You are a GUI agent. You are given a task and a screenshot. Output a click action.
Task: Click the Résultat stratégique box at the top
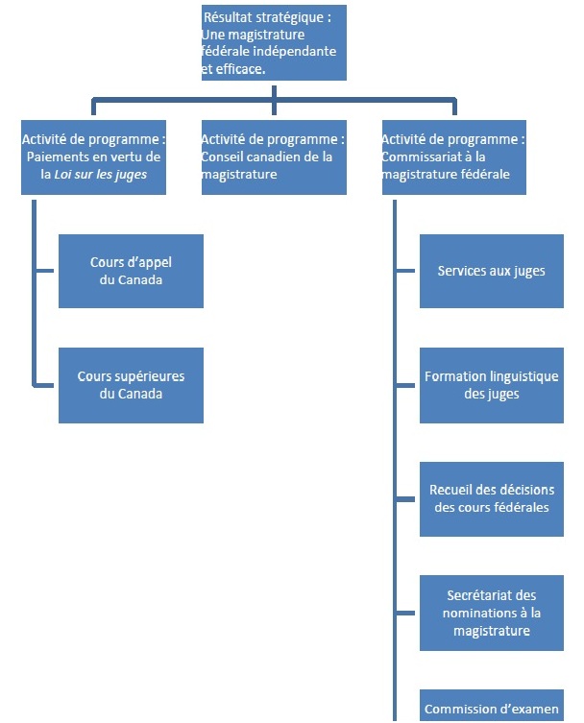pos(274,42)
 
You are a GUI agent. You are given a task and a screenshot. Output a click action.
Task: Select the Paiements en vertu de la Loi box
pos(92,157)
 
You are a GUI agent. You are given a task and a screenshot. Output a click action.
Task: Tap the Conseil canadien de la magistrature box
pos(274,157)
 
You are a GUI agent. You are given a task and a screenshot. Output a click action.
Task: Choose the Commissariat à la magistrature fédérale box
pos(454,157)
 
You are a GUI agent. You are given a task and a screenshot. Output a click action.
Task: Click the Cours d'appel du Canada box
pos(131,271)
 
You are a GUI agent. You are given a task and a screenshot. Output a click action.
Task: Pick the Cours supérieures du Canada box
pos(131,385)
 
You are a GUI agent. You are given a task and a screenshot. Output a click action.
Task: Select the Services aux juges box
pos(491,271)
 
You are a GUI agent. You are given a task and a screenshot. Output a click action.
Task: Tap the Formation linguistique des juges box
pos(491,385)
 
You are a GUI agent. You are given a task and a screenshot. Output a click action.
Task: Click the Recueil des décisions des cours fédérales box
pos(491,498)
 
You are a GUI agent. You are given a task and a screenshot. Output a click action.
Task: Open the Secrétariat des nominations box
pos(491,614)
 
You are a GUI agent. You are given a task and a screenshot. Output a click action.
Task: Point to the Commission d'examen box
pos(491,708)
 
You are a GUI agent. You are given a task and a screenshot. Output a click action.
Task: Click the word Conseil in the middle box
pos(224,157)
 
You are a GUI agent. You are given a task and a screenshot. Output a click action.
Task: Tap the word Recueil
pos(451,490)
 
